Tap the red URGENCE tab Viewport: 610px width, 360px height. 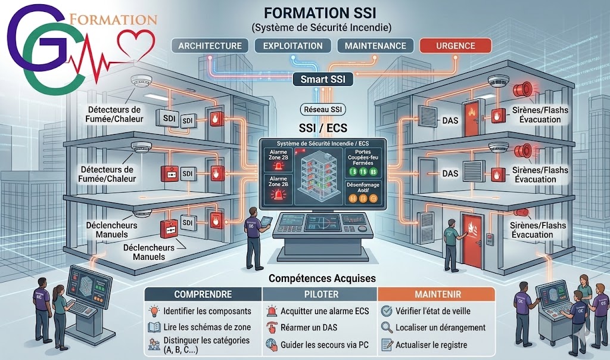455,46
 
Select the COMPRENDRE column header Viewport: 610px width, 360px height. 203,294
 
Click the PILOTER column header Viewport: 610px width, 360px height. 320,294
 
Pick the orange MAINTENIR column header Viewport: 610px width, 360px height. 437,294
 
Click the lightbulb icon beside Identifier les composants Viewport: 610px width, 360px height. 154,311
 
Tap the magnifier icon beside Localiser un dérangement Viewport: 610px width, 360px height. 386,327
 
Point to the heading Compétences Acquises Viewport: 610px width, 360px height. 321,278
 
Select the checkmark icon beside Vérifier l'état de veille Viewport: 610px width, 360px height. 386,311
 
